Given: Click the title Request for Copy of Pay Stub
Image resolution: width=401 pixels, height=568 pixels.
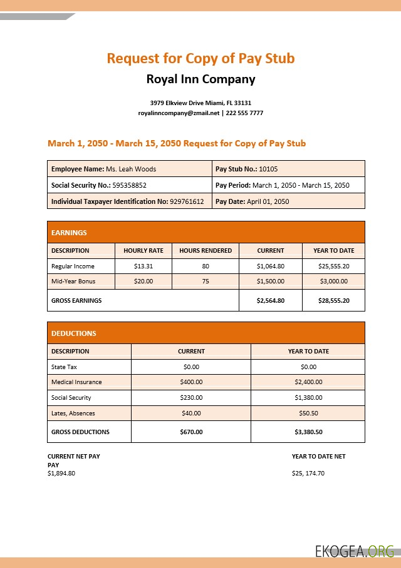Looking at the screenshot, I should tap(200, 58).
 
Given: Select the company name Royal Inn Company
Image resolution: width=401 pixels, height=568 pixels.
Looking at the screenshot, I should tap(200, 79).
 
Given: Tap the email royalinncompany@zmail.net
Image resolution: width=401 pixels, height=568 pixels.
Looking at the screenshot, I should tap(179, 113).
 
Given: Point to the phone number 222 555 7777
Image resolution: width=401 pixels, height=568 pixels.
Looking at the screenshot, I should tap(244, 113).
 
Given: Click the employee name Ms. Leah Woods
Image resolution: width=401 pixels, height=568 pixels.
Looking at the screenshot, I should tap(131, 169).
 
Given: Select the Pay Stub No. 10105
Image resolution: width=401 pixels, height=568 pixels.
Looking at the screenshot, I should tap(268, 169).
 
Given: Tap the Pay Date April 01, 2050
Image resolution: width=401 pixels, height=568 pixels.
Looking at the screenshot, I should tap(268, 201).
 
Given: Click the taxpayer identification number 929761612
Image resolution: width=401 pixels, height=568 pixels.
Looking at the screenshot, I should tap(187, 201).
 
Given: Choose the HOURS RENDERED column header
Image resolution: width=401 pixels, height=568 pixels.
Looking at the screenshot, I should tap(206, 250).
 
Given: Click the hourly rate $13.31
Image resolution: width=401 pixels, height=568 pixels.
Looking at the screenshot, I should tap(143, 266).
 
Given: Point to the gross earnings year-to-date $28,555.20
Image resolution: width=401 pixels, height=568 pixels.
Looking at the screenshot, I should tap(333, 300).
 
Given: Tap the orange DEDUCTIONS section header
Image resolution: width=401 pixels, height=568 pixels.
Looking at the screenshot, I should tap(74, 333).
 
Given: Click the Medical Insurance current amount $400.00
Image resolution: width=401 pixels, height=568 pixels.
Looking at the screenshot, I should tap(191, 382).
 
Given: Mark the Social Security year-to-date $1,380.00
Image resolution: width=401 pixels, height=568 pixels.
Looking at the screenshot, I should tap(308, 397).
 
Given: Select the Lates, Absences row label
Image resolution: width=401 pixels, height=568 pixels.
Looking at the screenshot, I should tap(72, 413).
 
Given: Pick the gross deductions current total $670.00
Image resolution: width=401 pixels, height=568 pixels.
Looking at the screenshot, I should tap(191, 432).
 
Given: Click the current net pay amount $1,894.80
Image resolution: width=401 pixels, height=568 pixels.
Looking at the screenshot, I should tap(61, 473).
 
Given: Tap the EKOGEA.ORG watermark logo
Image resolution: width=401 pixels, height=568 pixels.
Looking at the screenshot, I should tap(355, 550).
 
